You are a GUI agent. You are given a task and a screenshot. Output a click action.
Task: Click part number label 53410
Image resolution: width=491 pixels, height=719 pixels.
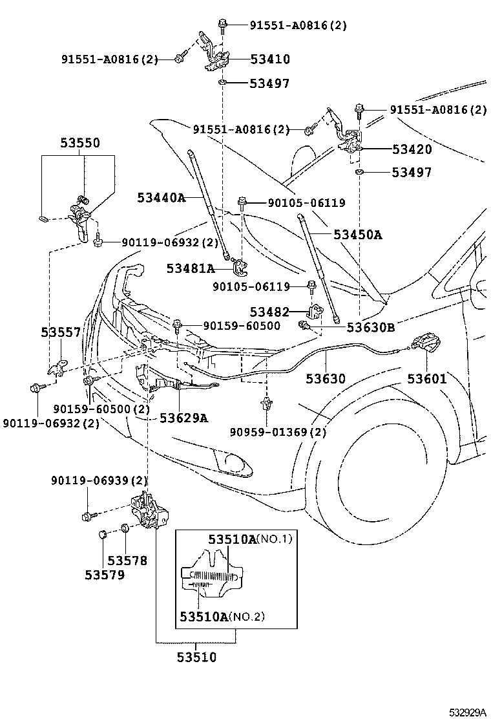point(269,59)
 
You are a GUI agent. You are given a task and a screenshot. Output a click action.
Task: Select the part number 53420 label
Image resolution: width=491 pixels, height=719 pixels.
point(411,149)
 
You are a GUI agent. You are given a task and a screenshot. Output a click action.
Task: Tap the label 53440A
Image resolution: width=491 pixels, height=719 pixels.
point(161,197)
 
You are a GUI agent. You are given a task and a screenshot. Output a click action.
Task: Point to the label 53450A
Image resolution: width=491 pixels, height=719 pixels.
point(357,235)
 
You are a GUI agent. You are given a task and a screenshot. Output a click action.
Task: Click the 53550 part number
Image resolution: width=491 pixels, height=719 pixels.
point(80,143)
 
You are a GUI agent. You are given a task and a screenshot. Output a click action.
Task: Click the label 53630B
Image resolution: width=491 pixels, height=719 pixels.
point(370,327)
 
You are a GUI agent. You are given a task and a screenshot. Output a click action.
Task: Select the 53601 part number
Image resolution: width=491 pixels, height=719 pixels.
point(426,379)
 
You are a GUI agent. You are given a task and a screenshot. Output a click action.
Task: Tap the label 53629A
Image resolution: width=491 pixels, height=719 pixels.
point(183,418)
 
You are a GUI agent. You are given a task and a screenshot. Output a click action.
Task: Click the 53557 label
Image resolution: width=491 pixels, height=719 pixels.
point(61,332)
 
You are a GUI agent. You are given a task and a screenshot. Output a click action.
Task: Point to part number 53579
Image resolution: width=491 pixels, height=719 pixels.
point(105,574)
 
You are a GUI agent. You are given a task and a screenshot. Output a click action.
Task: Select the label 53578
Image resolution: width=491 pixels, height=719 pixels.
point(127,561)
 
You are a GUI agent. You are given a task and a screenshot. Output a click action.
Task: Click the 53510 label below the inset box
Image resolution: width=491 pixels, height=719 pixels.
point(196,658)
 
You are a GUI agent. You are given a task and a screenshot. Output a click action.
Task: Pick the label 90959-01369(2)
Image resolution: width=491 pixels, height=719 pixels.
point(278,432)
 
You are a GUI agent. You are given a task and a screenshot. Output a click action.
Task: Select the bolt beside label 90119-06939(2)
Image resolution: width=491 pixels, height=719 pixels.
point(89,516)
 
